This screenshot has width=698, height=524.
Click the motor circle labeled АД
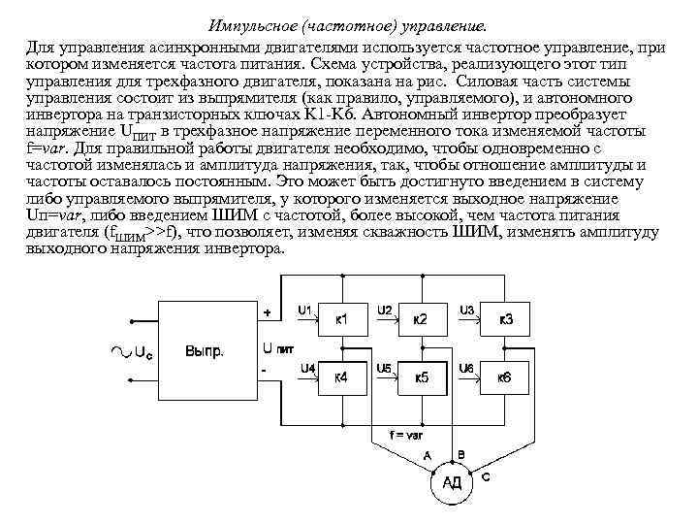[451, 482]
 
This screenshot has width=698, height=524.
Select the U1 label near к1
[304, 310]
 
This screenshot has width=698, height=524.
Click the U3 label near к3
[467, 310]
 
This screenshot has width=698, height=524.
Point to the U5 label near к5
[385, 369]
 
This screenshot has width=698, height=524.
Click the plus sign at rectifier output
[268, 312]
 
